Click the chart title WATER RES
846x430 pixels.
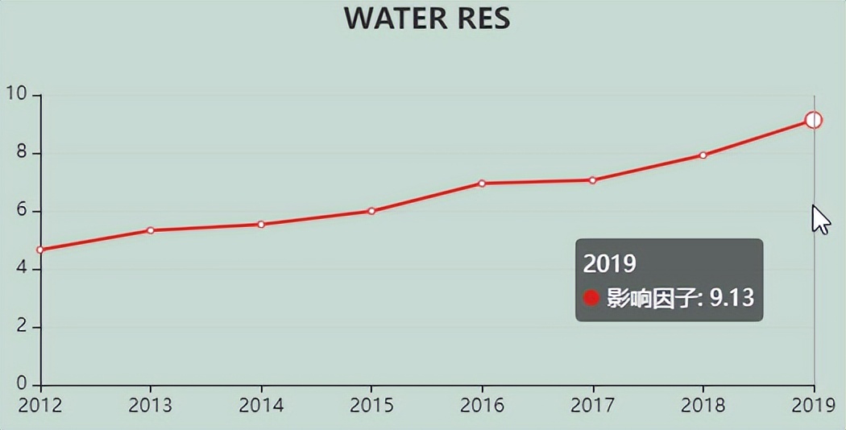coord(427,18)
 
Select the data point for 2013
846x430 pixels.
coord(151,230)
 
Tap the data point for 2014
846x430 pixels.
coord(261,225)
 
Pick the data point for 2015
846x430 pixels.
coord(371,211)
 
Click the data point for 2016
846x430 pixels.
coord(482,184)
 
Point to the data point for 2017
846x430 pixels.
coord(592,180)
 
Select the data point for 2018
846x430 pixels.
coord(703,155)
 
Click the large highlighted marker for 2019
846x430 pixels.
coord(813,121)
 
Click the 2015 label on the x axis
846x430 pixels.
coord(371,405)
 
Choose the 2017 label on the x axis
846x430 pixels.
coord(592,405)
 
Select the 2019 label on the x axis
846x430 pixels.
coord(814,405)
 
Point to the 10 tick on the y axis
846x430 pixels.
coord(17,93)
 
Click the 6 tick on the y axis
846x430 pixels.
coord(23,211)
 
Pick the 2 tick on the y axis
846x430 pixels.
coord(23,327)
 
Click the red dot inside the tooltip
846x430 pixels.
coord(591,298)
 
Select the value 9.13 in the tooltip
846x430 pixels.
coord(732,298)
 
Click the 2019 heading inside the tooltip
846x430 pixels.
coord(610,263)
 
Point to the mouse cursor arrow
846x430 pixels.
coord(819,218)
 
